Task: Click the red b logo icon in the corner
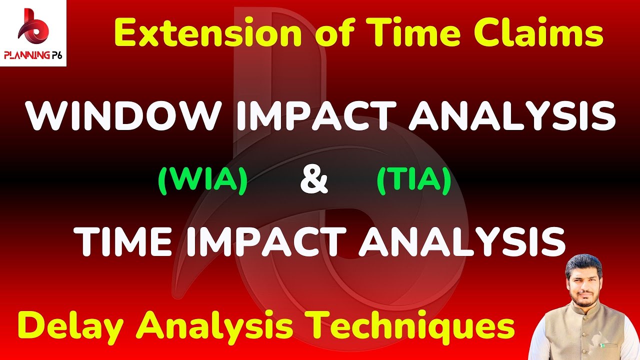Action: point(32,27)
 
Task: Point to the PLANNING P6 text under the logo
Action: point(33,56)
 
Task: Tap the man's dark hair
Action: point(584,262)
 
